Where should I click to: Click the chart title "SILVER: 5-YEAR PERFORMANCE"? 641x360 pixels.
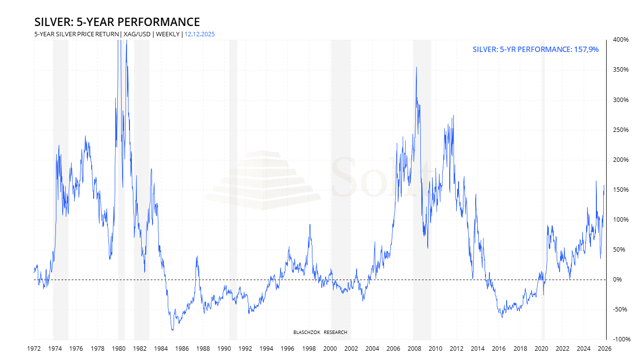click(117, 22)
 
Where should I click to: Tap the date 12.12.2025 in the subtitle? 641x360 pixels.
click(200, 34)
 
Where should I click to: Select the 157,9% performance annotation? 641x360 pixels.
click(536, 50)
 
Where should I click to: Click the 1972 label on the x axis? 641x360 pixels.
click(34, 349)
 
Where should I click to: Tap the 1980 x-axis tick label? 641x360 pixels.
click(119, 349)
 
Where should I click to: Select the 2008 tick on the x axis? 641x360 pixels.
click(415, 349)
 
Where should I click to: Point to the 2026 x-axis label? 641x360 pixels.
click(605, 349)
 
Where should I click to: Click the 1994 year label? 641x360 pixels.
click(267, 349)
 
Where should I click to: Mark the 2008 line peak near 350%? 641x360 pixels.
click(416, 68)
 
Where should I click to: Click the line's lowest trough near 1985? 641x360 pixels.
click(172, 330)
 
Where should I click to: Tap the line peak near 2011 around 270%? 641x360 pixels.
click(453, 116)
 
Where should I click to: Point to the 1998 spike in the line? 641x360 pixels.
click(309, 225)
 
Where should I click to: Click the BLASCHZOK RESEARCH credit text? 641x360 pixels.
click(320, 333)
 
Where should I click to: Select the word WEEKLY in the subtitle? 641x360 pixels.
click(168, 34)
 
